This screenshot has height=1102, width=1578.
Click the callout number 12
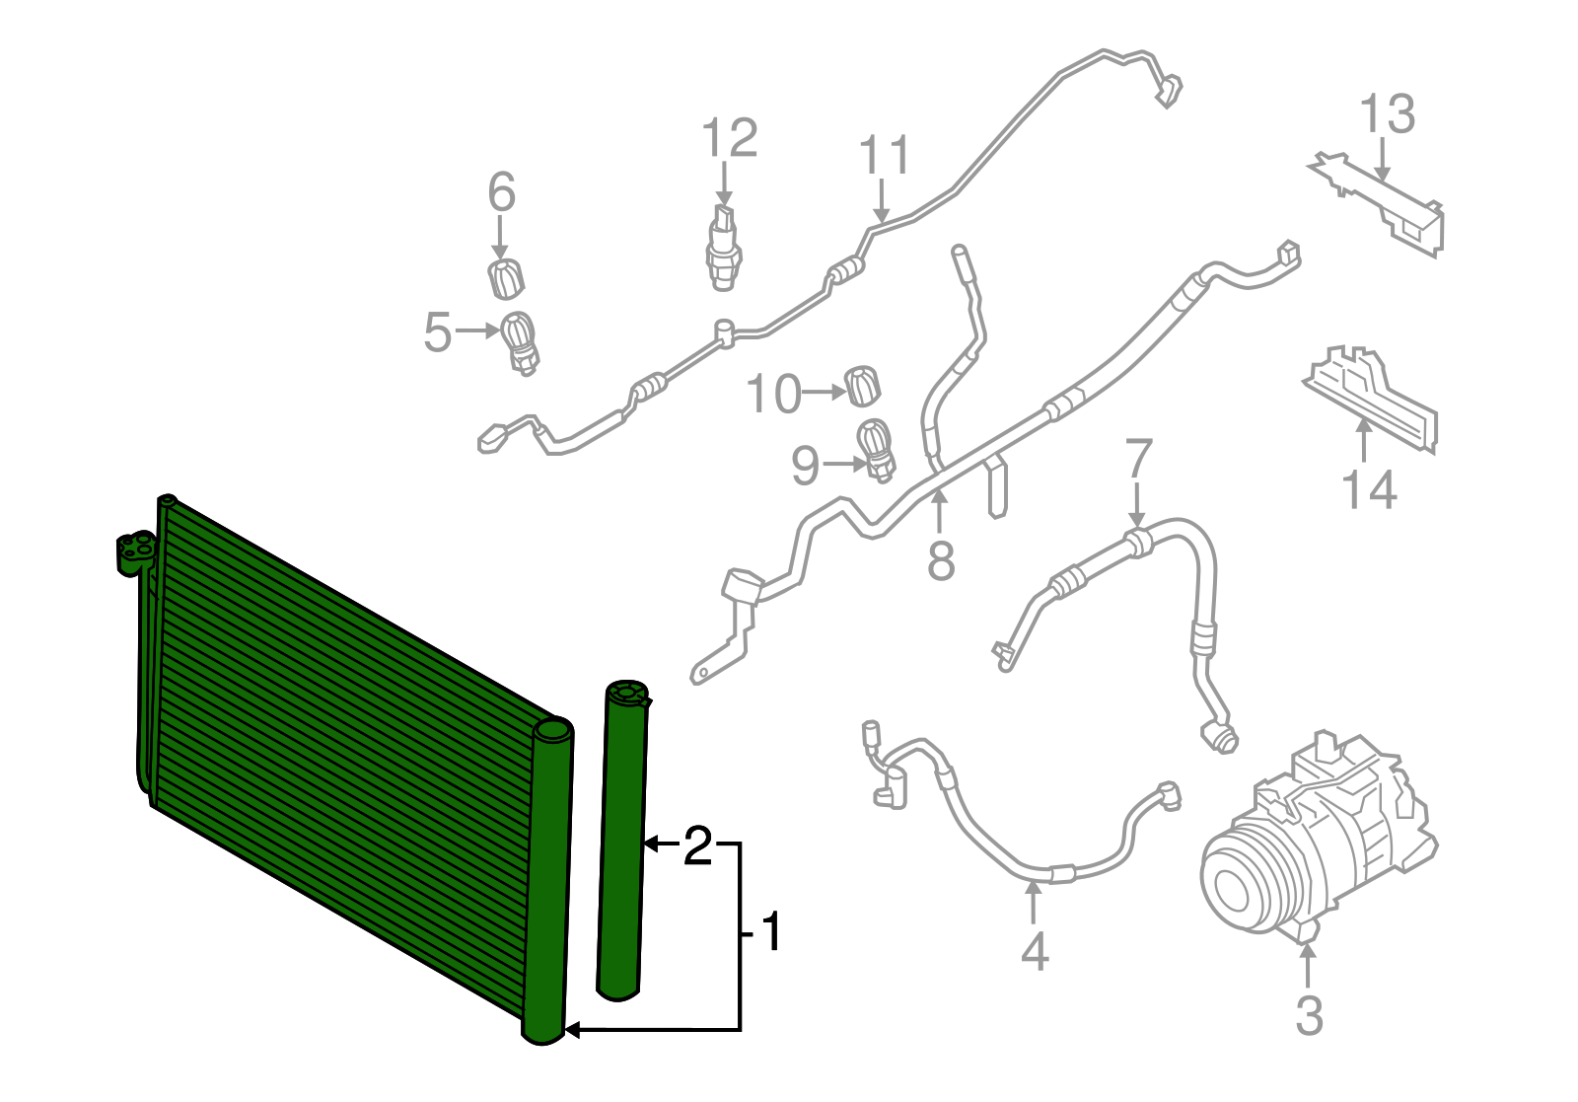[730, 139]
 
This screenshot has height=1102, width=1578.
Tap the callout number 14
[1369, 489]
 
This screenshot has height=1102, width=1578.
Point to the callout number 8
[941, 561]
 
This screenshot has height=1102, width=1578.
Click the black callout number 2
[697, 846]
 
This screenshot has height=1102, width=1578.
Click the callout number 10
[773, 395]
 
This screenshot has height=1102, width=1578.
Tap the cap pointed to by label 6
[506, 279]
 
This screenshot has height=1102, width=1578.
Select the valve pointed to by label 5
[521, 340]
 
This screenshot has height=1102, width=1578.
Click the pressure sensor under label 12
[723, 247]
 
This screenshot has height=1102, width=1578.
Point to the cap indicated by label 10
[863, 386]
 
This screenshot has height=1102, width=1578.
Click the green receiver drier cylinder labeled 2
[622, 839]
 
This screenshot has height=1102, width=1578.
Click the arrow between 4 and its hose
[1033, 903]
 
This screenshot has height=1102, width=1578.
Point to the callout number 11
[884, 157]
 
